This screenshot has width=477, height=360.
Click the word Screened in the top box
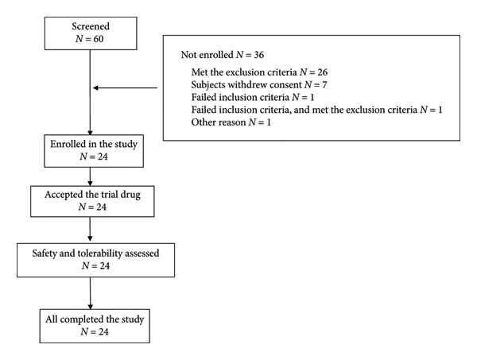tap(91, 26)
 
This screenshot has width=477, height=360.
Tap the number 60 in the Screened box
tap(99, 39)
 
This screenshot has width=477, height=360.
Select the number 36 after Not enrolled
tap(259, 55)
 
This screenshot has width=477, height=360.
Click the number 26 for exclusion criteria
tap(323, 72)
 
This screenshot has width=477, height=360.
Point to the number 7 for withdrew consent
tap(324, 85)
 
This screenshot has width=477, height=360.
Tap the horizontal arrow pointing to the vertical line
tap(125, 88)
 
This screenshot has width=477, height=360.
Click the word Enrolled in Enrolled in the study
tap(68, 144)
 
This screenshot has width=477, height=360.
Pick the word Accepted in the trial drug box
tap(64, 195)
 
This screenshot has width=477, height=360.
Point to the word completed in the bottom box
tap(82, 319)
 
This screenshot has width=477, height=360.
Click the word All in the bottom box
tap(51, 319)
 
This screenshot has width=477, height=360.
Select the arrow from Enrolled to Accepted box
tap(90, 176)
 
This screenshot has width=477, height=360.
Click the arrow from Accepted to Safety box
tap(90, 229)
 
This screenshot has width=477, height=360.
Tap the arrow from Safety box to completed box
tap(90, 293)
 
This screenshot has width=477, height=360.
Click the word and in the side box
tap(302, 110)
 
